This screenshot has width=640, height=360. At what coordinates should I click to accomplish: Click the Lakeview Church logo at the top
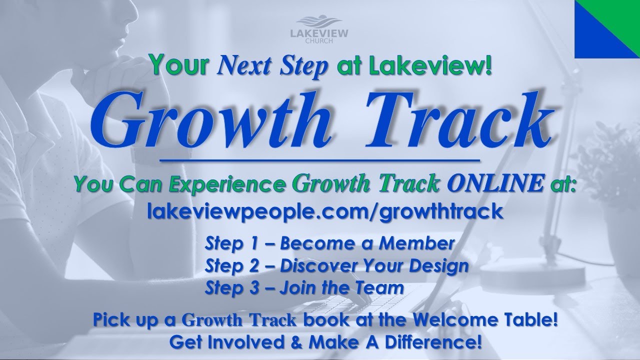[319, 30]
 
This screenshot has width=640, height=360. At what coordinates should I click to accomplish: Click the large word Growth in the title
[210, 120]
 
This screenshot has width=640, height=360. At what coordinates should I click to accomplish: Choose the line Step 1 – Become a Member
[329, 244]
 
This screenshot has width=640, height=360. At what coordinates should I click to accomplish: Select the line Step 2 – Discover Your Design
[336, 266]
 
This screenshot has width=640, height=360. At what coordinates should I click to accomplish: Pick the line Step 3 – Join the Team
[304, 288]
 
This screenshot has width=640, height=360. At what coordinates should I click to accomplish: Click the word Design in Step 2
[440, 266]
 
